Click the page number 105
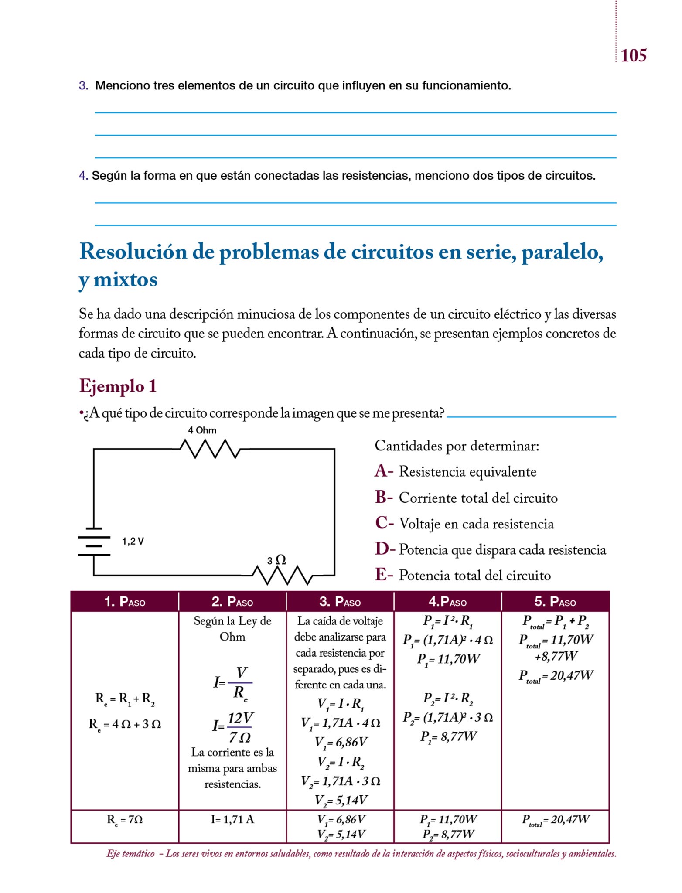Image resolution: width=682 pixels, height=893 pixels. click(633, 56)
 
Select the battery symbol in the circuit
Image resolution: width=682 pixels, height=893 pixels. click(94, 542)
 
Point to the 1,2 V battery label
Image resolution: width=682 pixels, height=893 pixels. click(133, 541)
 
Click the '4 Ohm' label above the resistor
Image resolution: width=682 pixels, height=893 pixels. click(202, 430)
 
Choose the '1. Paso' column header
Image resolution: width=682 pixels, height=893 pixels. click(125, 602)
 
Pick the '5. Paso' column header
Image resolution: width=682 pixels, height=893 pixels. click(555, 602)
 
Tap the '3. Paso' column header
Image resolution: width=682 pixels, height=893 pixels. click(340, 602)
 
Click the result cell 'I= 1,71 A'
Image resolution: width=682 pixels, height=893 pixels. click(232, 819)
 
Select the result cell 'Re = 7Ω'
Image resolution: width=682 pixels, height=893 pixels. click(125, 820)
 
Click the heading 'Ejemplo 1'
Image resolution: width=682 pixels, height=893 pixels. click(118, 386)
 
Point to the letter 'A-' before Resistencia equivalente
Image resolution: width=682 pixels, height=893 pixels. click(384, 471)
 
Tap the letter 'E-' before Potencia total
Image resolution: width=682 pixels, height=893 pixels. click(384, 575)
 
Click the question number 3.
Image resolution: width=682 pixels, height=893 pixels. click(83, 85)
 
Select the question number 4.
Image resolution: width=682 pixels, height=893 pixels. click(83, 176)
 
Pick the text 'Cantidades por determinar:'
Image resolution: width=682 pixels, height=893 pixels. click(457, 446)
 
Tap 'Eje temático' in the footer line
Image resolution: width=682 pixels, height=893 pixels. click(130, 854)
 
